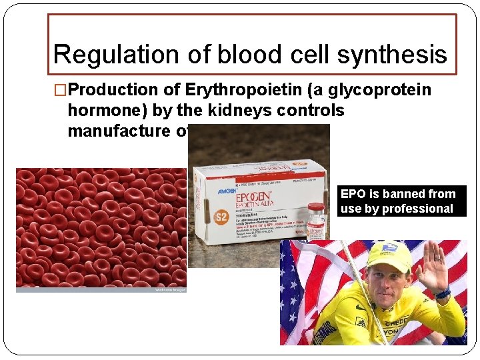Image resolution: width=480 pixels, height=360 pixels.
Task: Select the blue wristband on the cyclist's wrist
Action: click(x=443, y=293)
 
